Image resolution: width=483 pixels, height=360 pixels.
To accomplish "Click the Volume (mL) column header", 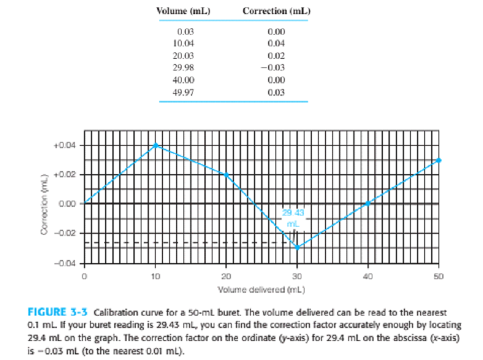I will (x=176, y=11).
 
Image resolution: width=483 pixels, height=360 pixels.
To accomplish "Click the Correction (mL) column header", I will (x=275, y=11).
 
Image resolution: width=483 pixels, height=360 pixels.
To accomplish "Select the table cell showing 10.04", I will (x=185, y=43).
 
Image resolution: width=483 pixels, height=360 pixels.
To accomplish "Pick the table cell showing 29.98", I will (x=185, y=67).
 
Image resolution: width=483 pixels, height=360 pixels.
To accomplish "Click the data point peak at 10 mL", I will (x=156, y=145).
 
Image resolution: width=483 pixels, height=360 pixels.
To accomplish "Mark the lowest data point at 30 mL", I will (x=297, y=247).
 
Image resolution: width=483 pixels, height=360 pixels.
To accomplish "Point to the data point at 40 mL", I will (x=367, y=203).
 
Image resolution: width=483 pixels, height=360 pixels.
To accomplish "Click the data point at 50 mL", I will (x=439, y=160).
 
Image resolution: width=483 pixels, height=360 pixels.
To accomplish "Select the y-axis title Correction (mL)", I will (x=44, y=204).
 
